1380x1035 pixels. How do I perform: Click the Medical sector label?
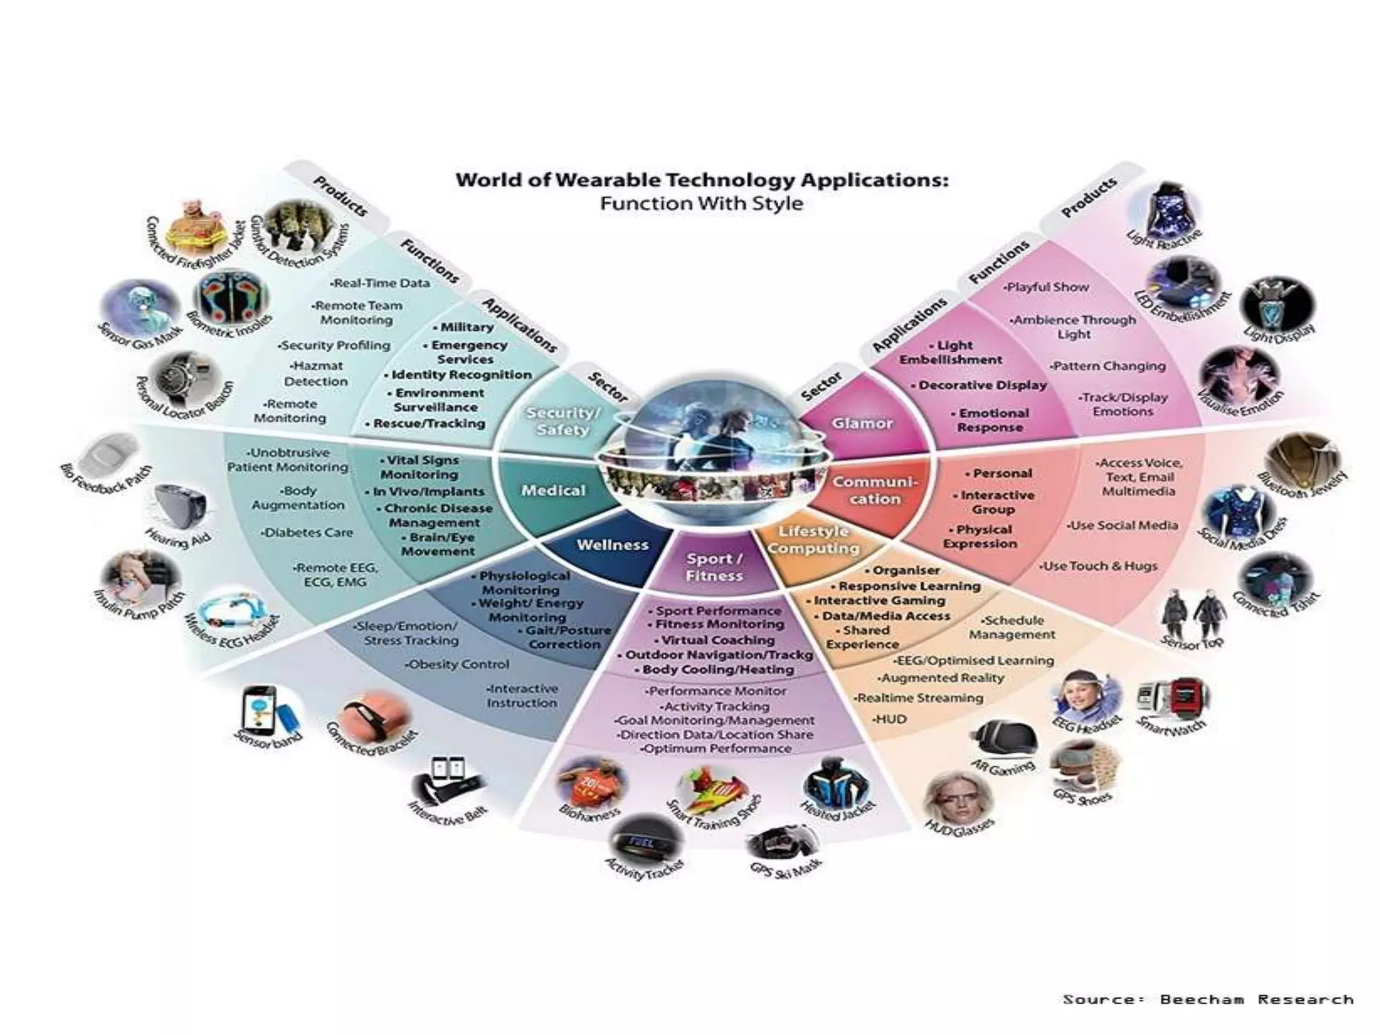(553, 491)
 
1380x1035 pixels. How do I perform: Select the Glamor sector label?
(862, 424)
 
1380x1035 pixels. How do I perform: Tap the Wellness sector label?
(613, 545)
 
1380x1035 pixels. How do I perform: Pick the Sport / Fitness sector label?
(714, 567)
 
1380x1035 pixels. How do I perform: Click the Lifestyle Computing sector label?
(813, 540)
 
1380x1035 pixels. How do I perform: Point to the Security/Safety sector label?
(563, 421)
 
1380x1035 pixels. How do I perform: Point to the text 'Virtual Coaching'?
(718, 640)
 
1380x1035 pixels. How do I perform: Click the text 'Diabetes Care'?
(308, 532)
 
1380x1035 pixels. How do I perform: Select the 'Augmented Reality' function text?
(942, 678)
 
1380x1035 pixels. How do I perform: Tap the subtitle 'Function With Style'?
(701, 203)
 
